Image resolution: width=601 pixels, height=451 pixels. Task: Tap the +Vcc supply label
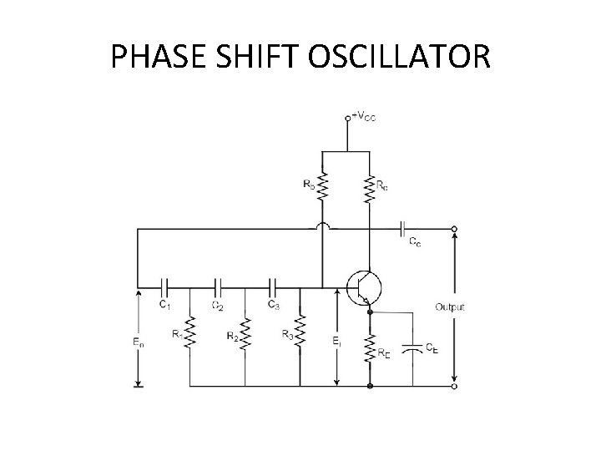[x=365, y=118]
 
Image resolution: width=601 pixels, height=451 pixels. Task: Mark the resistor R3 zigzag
[x=300, y=332]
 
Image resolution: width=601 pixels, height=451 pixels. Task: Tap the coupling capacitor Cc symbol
[x=403, y=227]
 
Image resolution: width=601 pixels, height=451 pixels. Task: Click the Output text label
[x=450, y=307]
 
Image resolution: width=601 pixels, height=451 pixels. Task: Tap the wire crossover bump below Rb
[x=321, y=227]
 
